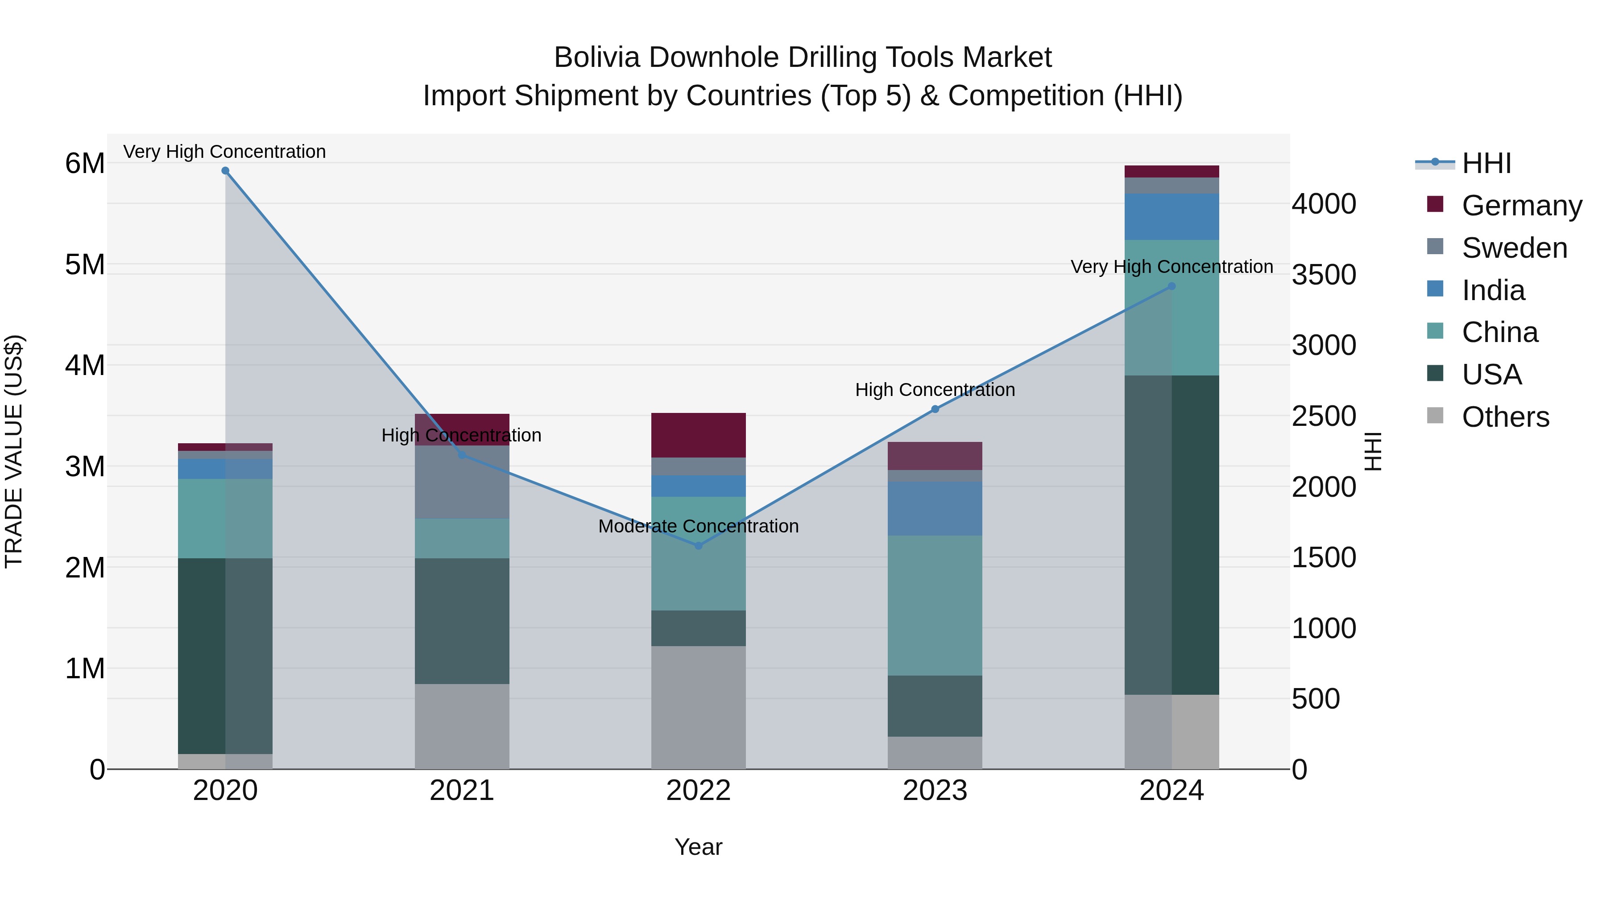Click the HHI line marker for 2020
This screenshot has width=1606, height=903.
tap(225, 171)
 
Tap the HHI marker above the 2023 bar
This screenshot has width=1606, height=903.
tap(935, 409)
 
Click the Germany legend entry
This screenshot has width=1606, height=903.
tap(1521, 206)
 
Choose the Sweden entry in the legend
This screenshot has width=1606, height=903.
tap(1514, 248)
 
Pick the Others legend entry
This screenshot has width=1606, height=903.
tap(1505, 417)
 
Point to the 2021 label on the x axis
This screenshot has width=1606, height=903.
tap(462, 791)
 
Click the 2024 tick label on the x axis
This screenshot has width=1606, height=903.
tap(1171, 791)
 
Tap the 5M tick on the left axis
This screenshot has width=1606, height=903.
tap(85, 265)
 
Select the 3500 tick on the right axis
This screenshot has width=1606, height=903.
tap(1324, 275)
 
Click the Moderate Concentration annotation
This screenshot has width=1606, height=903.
tap(698, 527)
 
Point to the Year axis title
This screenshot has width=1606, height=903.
tap(698, 847)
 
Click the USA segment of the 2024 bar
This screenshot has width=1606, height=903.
tap(1171, 535)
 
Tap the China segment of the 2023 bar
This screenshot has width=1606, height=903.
tap(935, 605)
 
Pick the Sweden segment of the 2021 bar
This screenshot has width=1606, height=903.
tap(462, 482)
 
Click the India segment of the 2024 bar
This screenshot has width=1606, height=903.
tap(1171, 217)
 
